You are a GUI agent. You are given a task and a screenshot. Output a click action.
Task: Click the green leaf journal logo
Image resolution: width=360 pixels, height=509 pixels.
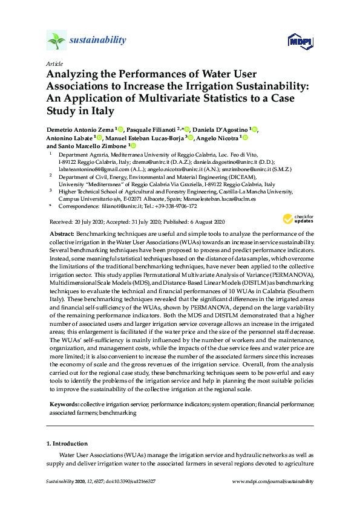[x=56, y=41]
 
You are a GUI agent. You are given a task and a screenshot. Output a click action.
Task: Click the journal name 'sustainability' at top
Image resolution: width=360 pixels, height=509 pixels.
[x=97, y=41]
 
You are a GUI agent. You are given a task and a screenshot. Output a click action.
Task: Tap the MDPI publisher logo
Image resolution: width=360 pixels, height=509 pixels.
[x=300, y=41]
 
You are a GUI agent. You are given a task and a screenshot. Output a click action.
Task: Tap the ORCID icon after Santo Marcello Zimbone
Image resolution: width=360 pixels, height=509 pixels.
[x=134, y=146]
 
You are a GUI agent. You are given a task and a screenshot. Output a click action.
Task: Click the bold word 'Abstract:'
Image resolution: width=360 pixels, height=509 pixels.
[x=63, y=233]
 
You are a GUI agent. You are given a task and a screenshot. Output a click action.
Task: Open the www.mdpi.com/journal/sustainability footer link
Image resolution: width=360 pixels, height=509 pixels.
[x=273, y=481]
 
